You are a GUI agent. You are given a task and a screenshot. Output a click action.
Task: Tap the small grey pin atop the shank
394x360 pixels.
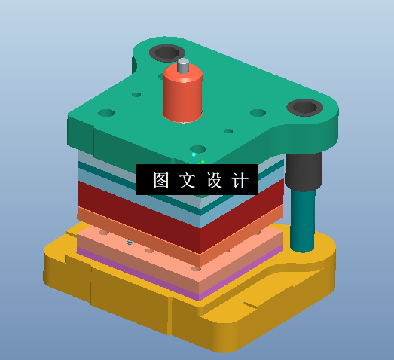tap(183, 66)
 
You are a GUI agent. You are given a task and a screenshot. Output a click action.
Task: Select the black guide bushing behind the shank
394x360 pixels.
tap(166, 53)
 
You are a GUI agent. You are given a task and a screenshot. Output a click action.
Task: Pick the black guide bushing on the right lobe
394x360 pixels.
tap(304, 107)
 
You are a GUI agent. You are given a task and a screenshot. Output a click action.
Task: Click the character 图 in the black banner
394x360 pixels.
tap(160, 181)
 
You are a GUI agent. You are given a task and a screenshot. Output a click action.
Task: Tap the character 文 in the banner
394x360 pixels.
tap(186, 181)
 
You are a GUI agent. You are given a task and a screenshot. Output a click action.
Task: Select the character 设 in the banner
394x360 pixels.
tap(213, 181)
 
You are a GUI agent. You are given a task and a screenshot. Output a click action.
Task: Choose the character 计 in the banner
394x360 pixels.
tap(239, 181)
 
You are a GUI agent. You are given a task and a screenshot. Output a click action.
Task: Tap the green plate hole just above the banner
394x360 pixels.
tap(198, 148)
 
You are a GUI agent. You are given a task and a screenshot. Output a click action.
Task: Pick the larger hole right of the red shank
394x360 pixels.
tap(258, 113)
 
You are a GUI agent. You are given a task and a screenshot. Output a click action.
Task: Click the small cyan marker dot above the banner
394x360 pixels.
tap(194, 154)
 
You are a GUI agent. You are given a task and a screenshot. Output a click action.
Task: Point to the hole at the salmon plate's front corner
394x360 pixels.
tap(196, 268)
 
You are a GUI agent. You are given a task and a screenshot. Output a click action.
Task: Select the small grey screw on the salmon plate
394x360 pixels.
tap(130, 242)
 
